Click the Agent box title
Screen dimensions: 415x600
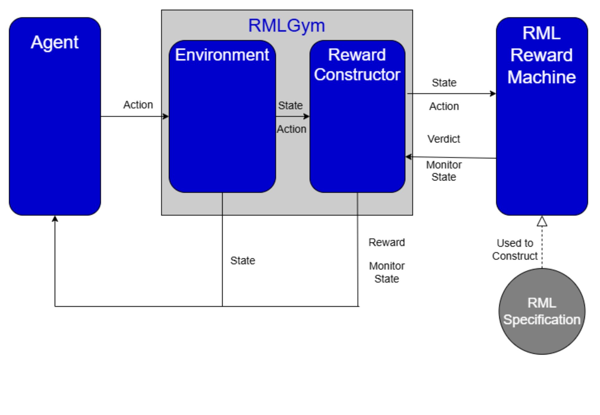54,42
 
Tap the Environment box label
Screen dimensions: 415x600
222,55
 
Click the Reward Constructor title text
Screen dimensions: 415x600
357,65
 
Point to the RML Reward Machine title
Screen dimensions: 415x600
541,55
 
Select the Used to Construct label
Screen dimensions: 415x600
515,249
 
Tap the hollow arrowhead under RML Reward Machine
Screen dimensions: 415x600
542,221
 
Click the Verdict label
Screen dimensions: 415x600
443,139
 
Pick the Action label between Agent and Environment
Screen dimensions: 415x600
138,105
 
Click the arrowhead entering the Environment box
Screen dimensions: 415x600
166,116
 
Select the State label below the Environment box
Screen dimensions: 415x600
243,261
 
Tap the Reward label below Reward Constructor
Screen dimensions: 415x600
387,242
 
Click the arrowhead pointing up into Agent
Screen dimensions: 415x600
55,219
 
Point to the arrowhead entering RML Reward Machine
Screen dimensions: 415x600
493,93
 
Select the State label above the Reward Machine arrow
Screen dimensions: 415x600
444,83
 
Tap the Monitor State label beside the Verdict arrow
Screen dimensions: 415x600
444,171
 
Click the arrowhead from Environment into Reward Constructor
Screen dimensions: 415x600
307,116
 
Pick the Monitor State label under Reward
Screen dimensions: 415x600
387,272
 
